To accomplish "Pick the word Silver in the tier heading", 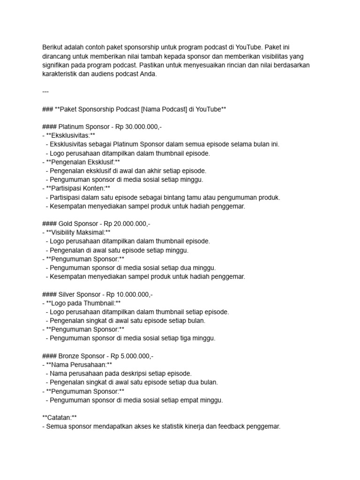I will coord(68,294).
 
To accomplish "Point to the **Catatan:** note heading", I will coord(60,418).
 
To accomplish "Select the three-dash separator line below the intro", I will coord(45,91).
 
